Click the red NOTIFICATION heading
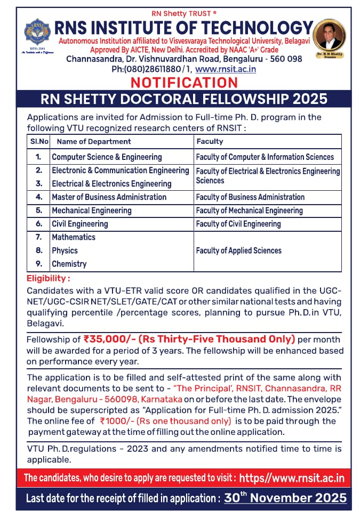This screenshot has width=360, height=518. [184, 83]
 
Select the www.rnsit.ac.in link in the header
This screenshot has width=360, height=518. [226, 69]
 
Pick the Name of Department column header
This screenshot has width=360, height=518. [94, 141]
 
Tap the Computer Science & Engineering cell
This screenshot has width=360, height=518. [107, 157]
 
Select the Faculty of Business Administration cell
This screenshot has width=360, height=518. [250, 197]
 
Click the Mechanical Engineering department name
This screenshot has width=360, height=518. [92, 211]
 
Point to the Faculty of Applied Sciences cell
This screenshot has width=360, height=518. [238, 250]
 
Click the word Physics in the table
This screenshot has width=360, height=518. [65, 250]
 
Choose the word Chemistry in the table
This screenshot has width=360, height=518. [69, 264]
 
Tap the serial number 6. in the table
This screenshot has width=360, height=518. [39, 224]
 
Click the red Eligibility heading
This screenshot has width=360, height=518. [49, 279]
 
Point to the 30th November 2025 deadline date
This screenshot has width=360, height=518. [285, 498]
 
